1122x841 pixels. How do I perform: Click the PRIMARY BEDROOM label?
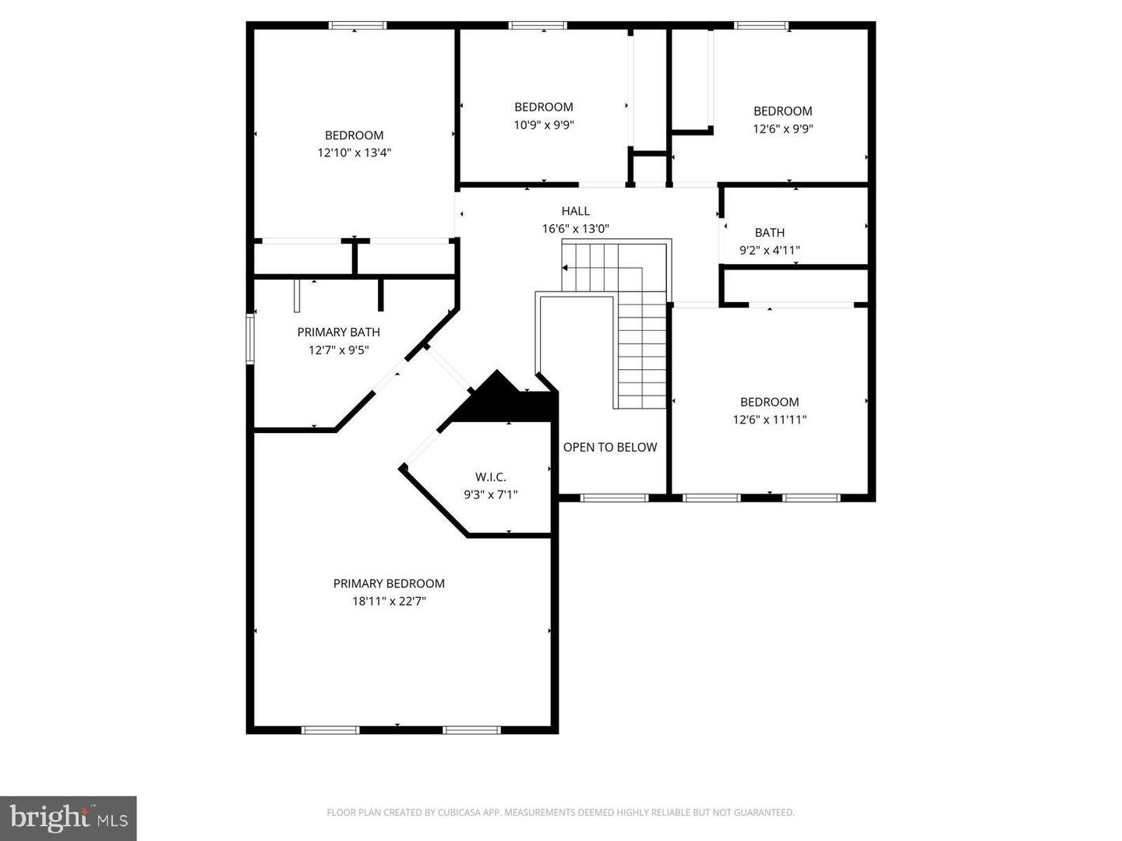click(x=389, y=583)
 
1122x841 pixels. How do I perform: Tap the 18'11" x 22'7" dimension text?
click(x=389, y=601)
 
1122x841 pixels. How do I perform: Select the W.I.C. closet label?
click(x=490, y=477)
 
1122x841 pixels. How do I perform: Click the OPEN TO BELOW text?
click(x=610, y=447)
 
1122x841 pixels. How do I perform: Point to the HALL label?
click(x=575, y=211)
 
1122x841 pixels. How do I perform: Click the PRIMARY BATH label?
click(x=338, y=332)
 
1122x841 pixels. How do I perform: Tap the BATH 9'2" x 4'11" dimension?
click(x=769, y=250)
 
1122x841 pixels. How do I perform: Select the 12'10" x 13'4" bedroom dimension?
click(x=354, y=153)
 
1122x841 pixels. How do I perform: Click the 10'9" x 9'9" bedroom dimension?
click(x=543, y=125)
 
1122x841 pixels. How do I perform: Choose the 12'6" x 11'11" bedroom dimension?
click(x=769, y=420)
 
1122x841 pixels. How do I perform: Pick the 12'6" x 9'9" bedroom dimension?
click(x=782, y=128)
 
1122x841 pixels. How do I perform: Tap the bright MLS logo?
click(x=69, y=818)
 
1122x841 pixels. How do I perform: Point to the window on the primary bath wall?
click(x=250, y=339)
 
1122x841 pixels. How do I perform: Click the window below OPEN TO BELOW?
click(x=614, y=498)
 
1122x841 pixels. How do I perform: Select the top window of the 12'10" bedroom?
click(x=358, y=26)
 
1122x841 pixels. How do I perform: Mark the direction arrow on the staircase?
click(x=564, y=267)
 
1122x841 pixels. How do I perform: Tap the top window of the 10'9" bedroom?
click(x=538, y=26)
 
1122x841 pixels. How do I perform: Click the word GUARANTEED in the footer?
click(x=767, y=813)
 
